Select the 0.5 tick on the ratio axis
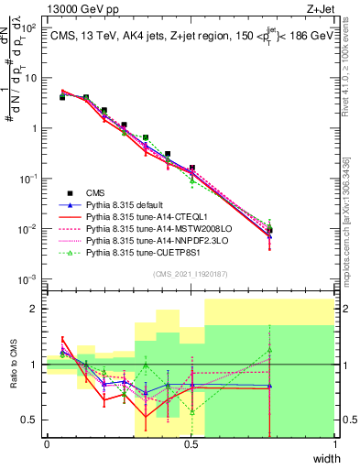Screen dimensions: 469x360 [x=30, y=420]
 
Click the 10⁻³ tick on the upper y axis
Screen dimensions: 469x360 [x=27, y=278]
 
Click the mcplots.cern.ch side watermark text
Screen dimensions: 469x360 [x=352, y=211]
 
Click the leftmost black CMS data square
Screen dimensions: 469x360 [x=62, y=96]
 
